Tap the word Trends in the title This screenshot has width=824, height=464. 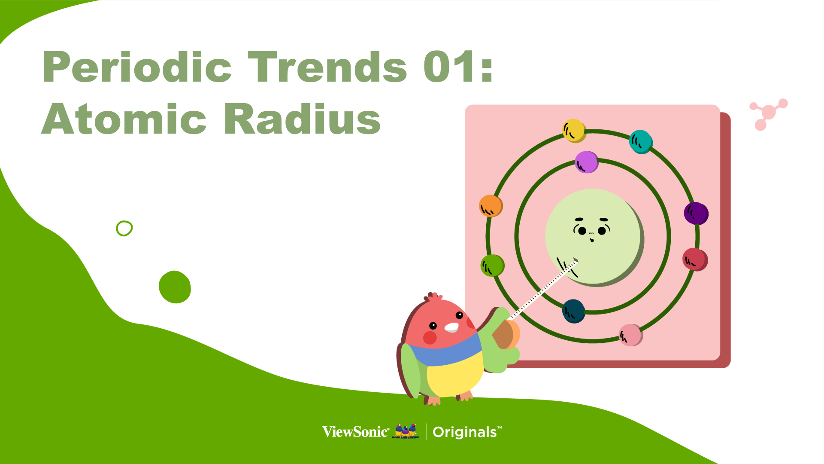point(327,67)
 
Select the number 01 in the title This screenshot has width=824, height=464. point(449,67)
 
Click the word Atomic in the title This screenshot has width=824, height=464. point(124,119)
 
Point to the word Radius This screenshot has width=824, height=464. point(302,119)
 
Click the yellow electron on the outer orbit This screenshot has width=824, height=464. point(574,131)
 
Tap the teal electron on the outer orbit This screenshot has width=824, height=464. point(641,142)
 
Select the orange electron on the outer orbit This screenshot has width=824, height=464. point(491,206)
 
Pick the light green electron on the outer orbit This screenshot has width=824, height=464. point(492,266)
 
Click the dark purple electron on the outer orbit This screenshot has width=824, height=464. point(696,214)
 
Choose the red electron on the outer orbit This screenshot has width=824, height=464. point(695,259)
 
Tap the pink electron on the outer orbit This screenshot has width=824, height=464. point(631,335)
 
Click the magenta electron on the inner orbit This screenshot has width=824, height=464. point(587,162)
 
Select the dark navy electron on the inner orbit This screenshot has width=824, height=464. point(574,311)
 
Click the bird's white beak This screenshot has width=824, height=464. point(451,327)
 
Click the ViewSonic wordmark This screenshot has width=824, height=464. point(356,432)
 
